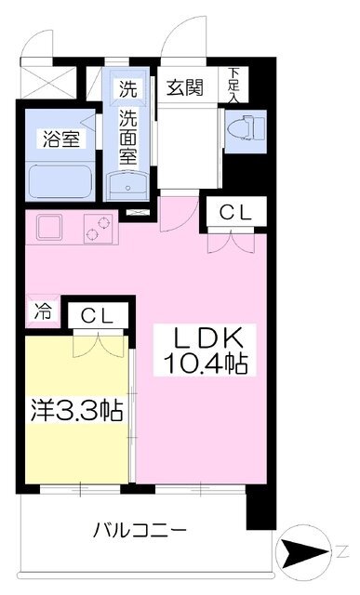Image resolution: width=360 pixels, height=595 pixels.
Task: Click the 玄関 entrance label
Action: (185, 87)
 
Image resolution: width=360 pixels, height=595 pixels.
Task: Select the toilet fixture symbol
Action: (246, 127)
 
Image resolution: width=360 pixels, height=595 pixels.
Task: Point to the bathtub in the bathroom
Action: (60, 181)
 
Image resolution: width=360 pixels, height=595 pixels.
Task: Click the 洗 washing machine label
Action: (128, 88)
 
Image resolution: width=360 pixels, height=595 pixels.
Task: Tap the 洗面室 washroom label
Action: (128, 136)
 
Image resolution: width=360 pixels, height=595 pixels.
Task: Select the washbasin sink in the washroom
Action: (128, 186)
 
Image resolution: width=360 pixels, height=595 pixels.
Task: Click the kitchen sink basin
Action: (49, 227)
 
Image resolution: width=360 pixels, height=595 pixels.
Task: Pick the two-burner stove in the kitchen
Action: (99, 229)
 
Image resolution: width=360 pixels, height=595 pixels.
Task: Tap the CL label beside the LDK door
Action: (235, 213)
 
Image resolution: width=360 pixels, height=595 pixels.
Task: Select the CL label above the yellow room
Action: (98, 315)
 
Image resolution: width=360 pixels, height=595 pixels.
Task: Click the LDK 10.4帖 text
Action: (205, 350)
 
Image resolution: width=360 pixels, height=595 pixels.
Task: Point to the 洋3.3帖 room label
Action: (77, 411)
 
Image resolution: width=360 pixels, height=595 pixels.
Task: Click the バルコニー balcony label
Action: (140, 529)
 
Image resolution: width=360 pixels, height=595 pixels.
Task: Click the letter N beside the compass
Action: (342, 551)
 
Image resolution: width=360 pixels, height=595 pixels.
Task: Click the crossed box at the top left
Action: (48, 83)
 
